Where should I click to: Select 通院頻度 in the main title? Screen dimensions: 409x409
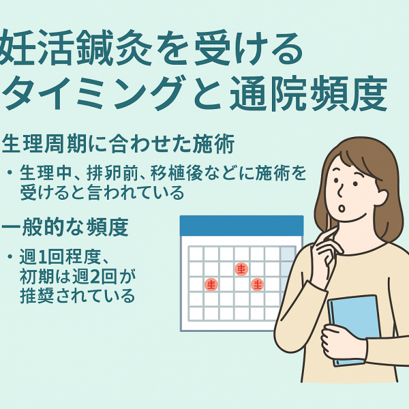pyautogui.click(x=309, y=93)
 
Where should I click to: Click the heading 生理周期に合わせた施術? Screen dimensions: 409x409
pyautogui.click(x=118, y=143)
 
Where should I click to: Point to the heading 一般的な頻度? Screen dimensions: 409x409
pyautogui.click(x=65, y=227)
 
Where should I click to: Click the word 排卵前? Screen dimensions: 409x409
pyautogui.click(x=113, y=172)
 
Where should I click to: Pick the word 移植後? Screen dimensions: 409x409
pyautogui.click(x=177, y=172)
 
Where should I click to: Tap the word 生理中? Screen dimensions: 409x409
pyautogui.click(x=46, y=172)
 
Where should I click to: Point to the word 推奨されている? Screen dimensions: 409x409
pyautogui.click(x=78, y=296)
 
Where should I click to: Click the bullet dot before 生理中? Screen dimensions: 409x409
pyautogui.click(x=10, y=172)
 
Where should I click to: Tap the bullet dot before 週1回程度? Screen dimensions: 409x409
pyautogui.click(x=10, y=257)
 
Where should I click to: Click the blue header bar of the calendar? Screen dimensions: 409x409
pyautogui.click(x=241, y=226)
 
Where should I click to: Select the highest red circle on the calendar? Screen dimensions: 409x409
pyautogui.click(x=241, y=269)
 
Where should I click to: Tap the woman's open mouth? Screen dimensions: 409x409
pyautogui.click(x=342, y=208)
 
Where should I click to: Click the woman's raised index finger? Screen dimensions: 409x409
pyautogui.click(x=328, y=235)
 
